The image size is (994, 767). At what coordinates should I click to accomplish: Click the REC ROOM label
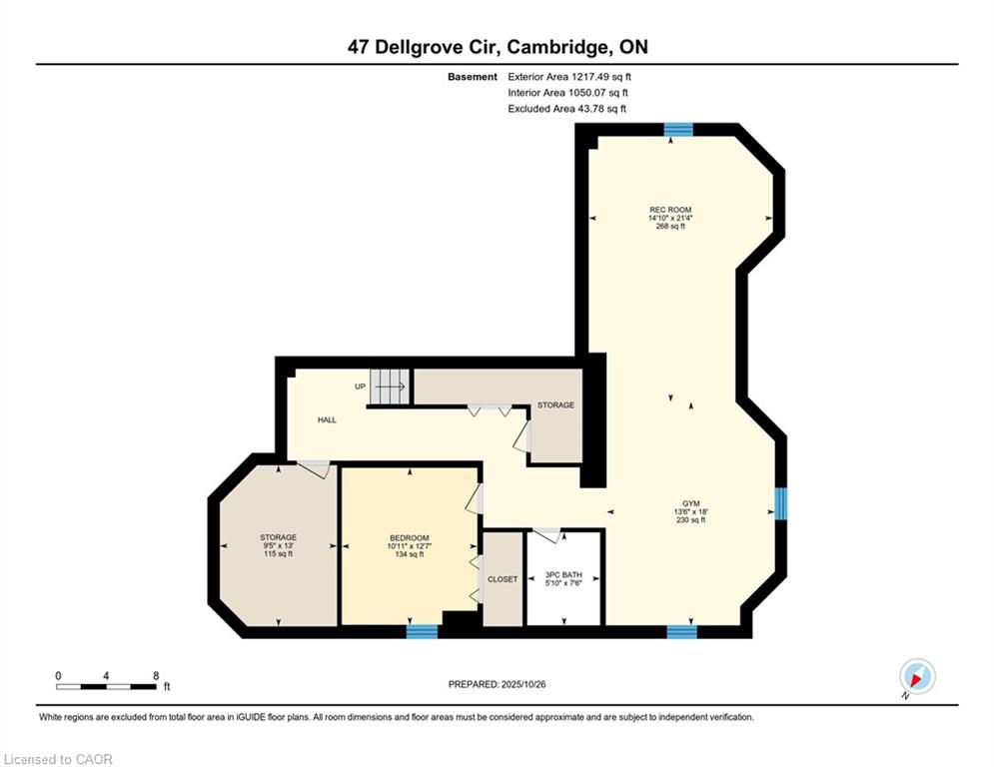pos(669,218)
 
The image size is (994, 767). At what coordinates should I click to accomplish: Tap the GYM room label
pos(690,511)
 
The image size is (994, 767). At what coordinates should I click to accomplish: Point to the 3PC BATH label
pos(563,578)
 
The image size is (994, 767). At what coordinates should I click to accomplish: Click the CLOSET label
pos(502,579)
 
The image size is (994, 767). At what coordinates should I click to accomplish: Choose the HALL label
pos(327,420)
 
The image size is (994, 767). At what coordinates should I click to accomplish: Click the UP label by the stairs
pos(360,386)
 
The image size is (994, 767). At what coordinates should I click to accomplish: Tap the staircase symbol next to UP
pos(391,386)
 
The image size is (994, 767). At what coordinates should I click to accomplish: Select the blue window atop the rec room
pos(679,129)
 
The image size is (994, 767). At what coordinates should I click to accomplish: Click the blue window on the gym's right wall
pos(781,503)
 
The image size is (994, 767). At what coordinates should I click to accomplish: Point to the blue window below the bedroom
pos(422,631)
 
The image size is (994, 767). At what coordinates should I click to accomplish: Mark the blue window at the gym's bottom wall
pos(681,631)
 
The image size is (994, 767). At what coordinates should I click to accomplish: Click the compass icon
pos(916,677)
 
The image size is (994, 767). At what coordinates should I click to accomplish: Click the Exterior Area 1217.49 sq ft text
pos(569,76)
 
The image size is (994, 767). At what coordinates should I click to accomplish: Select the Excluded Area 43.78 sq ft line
pos(567,109)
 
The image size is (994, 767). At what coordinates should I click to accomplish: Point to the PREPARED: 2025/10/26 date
pos(500,684)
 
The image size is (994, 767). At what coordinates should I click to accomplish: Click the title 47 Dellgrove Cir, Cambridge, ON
pos(497,47)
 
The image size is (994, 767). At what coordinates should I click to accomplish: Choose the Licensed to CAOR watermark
pos(59,759)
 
